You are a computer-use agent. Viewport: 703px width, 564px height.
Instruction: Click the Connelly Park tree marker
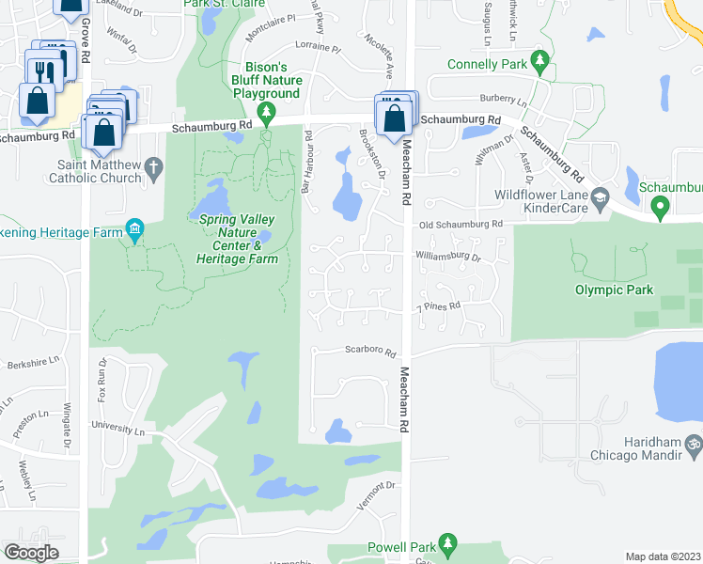pos(539,62)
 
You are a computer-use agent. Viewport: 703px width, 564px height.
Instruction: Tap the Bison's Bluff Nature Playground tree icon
pos(268,115)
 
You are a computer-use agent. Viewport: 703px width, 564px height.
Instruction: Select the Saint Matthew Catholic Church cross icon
pos(156,166)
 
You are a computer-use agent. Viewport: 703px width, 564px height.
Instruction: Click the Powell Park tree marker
pos(448,544)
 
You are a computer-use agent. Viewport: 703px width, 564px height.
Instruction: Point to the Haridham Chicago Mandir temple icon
pos(694,443)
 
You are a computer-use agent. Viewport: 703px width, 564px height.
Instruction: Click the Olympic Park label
pos(614,290)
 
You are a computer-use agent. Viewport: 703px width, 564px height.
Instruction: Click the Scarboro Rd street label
pos(372,351)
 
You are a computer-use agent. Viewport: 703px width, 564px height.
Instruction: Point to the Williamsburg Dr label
pos(449,257)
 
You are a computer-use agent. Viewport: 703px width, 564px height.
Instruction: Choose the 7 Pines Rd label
pos(438,306)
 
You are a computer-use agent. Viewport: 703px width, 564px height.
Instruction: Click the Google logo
pos(31,552)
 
